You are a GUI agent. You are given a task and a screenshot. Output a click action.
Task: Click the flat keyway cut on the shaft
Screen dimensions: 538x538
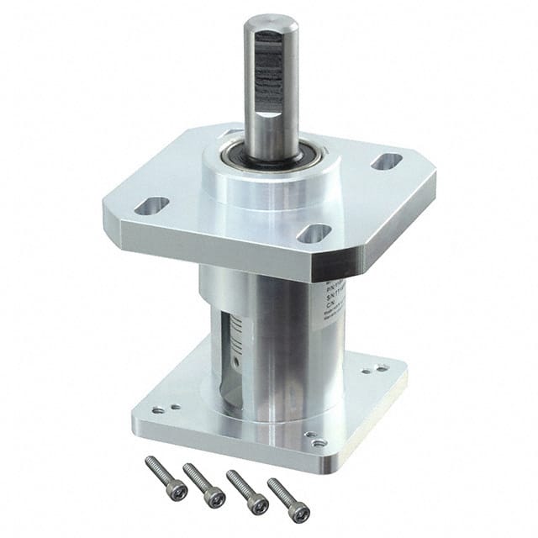pos(266,76)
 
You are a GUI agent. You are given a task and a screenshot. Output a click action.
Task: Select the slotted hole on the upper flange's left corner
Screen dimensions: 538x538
pos(152,204)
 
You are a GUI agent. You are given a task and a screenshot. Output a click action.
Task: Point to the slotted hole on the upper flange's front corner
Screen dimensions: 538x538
pos(314,233)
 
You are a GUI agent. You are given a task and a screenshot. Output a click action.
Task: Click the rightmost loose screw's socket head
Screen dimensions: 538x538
pos(299,513)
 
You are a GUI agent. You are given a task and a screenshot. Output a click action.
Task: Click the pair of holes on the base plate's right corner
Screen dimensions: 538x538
pos(379,367)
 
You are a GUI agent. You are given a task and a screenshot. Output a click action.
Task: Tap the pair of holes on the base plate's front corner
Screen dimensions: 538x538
pos(316,440)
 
